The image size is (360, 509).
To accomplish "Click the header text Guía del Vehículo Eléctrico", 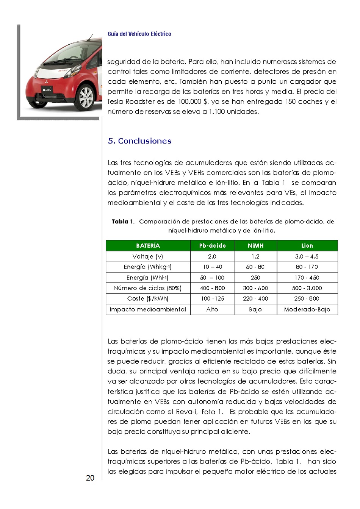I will coord(139,34).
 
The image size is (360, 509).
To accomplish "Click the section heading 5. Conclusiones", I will coord(139,141).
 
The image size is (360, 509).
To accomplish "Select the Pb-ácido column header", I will coord(212,245).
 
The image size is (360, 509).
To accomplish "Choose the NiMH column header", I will coord(255,245).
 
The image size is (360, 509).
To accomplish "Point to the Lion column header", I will coord(307,245).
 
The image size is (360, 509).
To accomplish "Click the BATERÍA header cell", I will coord(148,245).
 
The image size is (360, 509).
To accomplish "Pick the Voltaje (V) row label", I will coord(148,256).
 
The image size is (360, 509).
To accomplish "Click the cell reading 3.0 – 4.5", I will coord(307,256).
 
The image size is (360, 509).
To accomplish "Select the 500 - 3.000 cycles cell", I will coord(307,288).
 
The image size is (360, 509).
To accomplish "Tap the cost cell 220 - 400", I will coord(255,298).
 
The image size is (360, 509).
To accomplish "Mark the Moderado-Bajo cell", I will coord(307,309).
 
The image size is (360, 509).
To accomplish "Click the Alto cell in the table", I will coord(212,309).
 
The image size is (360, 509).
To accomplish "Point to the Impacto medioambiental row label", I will coord(148,309).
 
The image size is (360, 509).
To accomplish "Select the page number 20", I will coord(90,478).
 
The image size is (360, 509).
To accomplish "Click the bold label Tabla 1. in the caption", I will coord(123,222).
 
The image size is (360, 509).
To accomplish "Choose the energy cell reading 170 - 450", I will coord(307,278).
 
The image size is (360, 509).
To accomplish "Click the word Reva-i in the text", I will coord(186,412).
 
